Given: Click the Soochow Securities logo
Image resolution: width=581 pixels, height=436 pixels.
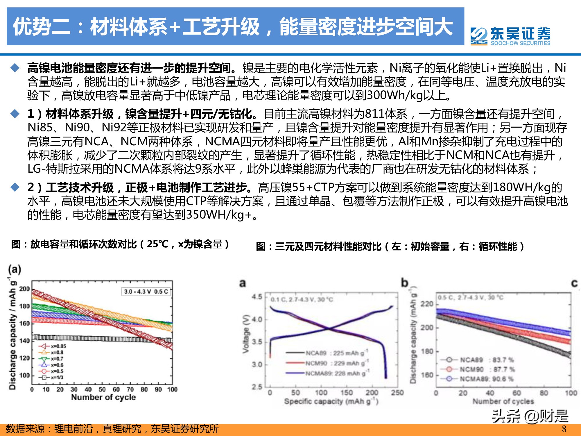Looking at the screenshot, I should tap(510, 36).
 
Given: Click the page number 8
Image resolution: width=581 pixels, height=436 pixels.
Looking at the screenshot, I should tap(564, 429).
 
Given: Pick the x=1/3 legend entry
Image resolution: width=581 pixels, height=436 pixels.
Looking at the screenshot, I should tap(52, 378).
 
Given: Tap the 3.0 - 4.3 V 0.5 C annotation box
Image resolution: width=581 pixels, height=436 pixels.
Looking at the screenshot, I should tap(146, 292).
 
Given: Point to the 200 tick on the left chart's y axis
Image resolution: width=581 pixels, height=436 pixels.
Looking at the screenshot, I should tap(24, 289).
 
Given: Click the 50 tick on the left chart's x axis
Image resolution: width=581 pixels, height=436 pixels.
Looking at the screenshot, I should tap(102, 389).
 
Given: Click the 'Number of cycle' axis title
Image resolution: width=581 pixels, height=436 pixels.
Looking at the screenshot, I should tap(103, 397).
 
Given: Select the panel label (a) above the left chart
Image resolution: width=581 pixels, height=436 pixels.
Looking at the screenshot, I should tap(15, 269).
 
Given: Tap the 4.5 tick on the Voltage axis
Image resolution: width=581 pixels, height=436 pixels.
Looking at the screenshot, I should tap(257, 297).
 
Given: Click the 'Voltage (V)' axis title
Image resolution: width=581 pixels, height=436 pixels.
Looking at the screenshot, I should tap(246, 334).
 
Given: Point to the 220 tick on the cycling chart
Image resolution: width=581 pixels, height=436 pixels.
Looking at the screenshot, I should tap(427, 304).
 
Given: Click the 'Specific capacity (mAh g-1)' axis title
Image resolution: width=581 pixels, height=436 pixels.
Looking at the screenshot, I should tap(331, 401).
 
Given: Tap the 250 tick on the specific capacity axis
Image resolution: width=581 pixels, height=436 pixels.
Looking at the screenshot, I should tap(397, 393).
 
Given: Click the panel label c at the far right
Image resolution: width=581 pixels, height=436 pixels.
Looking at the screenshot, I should tap(574, 283).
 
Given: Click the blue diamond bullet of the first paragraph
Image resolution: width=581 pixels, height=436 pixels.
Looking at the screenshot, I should tap(15, 68).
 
